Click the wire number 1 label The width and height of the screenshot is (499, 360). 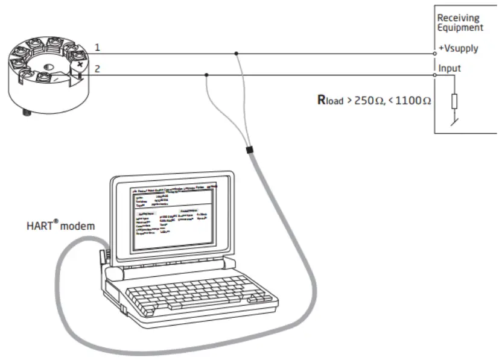pyautogui.click(x=98, y=47)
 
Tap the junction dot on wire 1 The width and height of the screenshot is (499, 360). pyautogui.click(x=237, y=54)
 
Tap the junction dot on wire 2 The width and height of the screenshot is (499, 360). pyautogui.click(x=207, y=75)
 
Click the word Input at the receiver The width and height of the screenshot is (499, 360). pyautogui.click(x=449, y=69)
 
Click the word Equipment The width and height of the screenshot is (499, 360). pyautogui.click(x=460, y=27)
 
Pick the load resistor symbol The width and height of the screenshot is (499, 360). pyautogui.click(x=454, y=101)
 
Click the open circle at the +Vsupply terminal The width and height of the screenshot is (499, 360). pyautogui.click(x=435, y=54)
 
